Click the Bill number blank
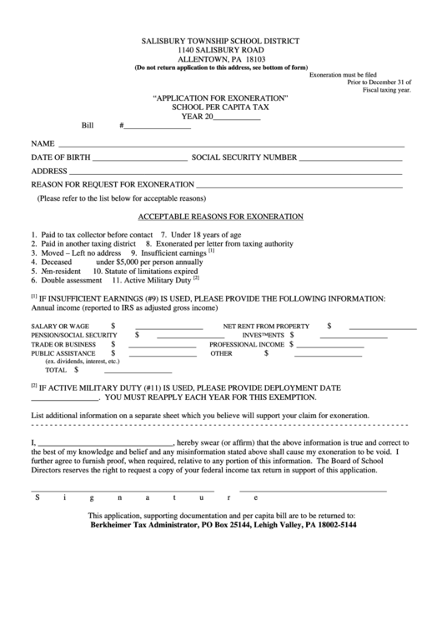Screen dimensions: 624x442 click(153, 128)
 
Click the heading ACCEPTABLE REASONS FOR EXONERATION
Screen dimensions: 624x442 click(220, 217)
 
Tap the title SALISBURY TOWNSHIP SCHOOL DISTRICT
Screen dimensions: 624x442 click(221, 41)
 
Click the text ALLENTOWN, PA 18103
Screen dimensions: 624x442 click(221, 59)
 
